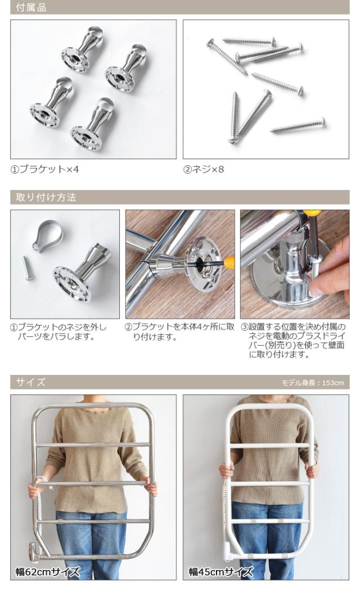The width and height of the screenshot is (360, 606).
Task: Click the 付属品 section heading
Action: coord(31,7)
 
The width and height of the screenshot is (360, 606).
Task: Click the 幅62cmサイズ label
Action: coord(47,572)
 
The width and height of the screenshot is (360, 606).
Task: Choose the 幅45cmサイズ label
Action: coord(220,572)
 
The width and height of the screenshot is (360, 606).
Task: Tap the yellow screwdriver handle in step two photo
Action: coord(228,261)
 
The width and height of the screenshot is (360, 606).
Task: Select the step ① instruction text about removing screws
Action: coord(58,332)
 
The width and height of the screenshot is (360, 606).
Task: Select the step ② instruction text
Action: coord(179,332)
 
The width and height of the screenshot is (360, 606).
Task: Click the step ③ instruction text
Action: coord(293,341)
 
